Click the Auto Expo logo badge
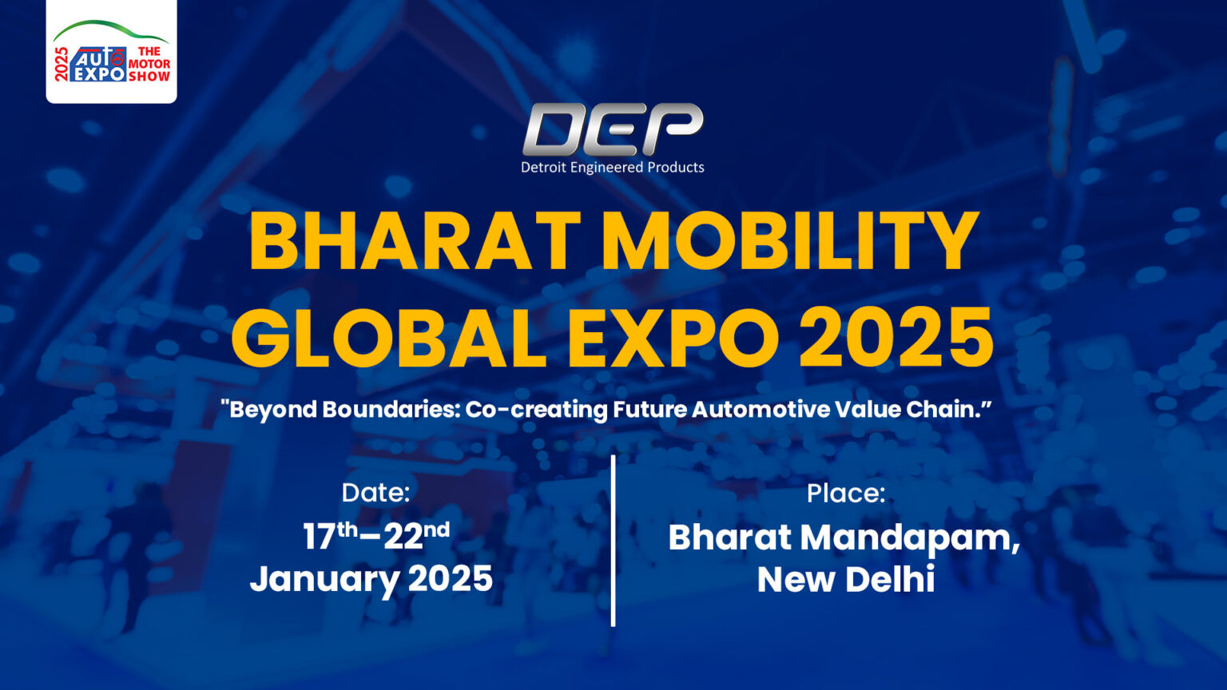(x=111, y=52)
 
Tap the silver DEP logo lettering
(x=613, y=129)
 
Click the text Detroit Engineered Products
(x=613, y=167)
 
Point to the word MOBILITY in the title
(x=790, y=242)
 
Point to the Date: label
(x=375, y=492)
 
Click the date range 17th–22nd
(x=375, y=536)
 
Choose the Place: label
(x=846, y=494)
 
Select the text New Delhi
(x=846, y=579)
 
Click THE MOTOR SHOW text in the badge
(x=149, y=64)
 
